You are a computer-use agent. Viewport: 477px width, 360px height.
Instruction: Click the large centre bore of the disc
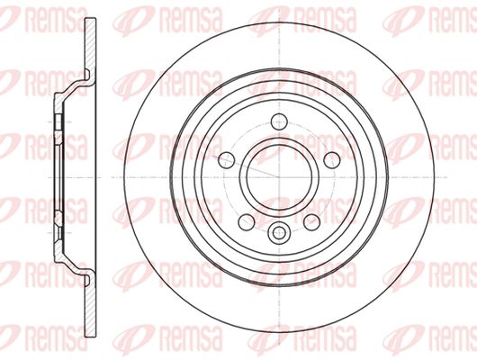(x=279, y=177)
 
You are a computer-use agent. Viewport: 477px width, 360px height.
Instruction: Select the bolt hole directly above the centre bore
(x=279, y=121)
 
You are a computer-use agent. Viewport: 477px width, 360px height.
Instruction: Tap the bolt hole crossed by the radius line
(x=227, y=160)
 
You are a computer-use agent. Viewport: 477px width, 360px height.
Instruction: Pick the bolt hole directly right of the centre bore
(x=331, y=160)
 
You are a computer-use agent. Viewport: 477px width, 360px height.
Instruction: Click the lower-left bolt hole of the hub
(x=247, y=221)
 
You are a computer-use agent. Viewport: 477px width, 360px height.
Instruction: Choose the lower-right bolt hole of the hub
(x=311, y=221)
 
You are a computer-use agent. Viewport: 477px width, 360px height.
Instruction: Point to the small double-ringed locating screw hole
(x=279, y=233)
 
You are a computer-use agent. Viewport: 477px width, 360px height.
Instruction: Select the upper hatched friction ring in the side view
(x=90, y=46)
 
